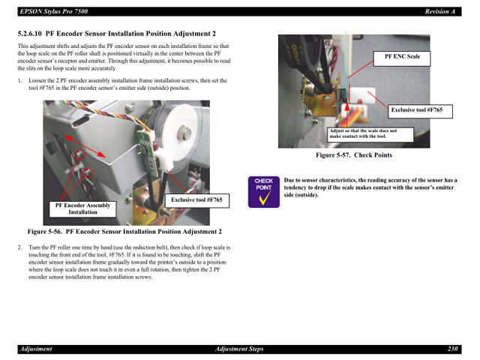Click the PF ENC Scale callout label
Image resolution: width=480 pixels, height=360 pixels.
click(x=402, y=57)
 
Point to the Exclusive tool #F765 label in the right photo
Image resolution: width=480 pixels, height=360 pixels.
click(x=416, y=110)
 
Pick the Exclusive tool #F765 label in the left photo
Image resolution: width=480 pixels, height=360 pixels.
click(x=196, y=200)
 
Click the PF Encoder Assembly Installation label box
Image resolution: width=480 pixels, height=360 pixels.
click(x=82, y=208)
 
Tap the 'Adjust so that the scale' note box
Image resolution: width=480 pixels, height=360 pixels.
click(x=363, y=133)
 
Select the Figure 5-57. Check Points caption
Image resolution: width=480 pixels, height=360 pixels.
click(x=353, y=155)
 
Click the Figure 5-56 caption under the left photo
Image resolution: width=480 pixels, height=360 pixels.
click(x=124, y=232)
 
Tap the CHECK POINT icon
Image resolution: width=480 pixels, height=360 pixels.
click(x=263, y=191)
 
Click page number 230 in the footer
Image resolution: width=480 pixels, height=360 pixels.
click(x=452, y=349)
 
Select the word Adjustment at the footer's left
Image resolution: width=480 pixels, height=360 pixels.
click(x=36, y=349)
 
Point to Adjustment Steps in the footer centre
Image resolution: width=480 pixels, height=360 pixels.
click(x=239, y=349)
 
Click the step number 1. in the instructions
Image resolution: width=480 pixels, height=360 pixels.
click(x=19, y=80)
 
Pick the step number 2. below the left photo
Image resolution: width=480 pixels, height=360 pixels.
click(x=19, y=247)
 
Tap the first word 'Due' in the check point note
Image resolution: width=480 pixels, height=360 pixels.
click(x=289, y=180)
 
